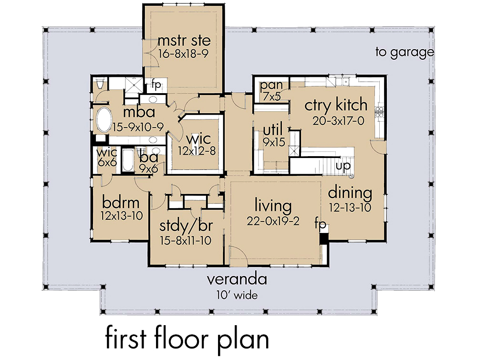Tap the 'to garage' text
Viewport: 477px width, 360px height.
[x=404, y=53]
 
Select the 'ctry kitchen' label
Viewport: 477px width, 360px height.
[x=336, y=105]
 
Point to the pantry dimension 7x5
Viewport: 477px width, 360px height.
[x=270, y=95]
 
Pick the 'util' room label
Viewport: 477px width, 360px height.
[x=272, y=129]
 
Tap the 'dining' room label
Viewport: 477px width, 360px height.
[x=350, y=193]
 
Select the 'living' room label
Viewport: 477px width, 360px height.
[x=272, y=206]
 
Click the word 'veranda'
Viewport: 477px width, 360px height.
[x=233, y=279]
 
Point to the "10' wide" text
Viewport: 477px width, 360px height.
[x=233, y=296]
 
